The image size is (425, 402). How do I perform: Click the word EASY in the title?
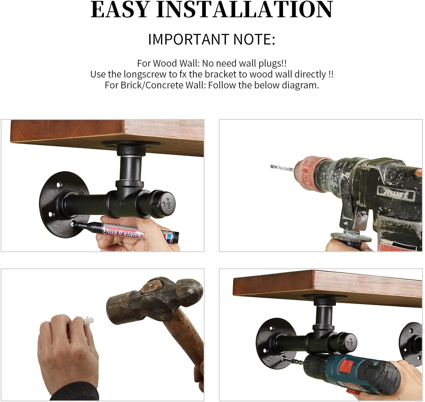coord(120,10)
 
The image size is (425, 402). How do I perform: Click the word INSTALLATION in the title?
coord(245,10)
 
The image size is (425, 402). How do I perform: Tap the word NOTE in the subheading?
coord(254,40)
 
